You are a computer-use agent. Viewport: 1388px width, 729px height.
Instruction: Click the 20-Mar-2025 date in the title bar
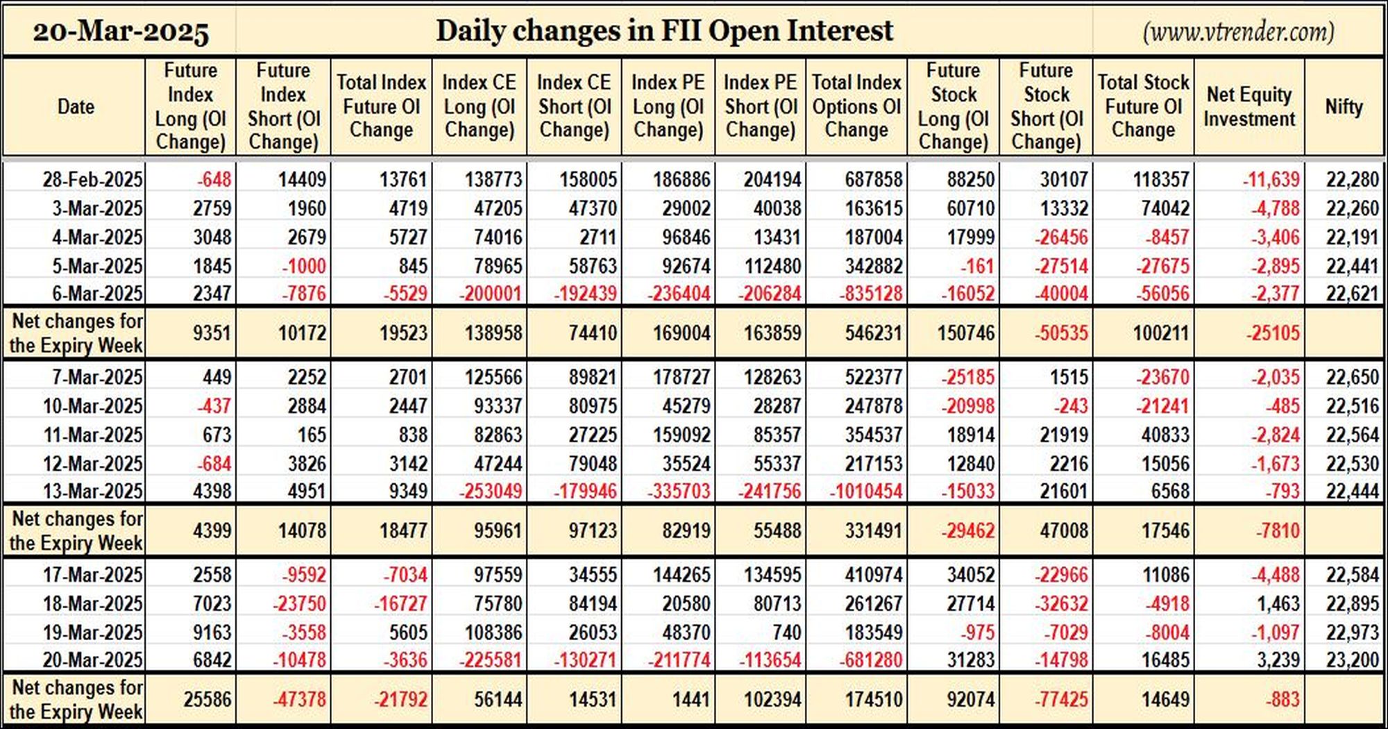pos(121,32)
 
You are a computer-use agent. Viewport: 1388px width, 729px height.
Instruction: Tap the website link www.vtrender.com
pos(1239,32)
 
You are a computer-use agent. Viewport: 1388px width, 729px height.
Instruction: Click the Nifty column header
pos(1344,106)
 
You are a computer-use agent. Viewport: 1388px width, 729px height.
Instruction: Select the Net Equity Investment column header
pos(1249,106)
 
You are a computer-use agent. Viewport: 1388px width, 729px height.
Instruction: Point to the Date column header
pos(76,106)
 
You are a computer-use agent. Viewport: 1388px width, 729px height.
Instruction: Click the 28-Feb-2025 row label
pos(92,179)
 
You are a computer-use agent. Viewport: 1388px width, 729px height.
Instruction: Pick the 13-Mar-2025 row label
pos(92,491)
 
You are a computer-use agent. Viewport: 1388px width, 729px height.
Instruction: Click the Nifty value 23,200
pos(1352,659)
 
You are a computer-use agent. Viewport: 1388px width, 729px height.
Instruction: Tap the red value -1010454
pos(866,491)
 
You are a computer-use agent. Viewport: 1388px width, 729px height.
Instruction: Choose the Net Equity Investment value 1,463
pos(1278,603)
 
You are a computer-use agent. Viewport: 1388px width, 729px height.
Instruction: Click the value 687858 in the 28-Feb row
pos(874,179)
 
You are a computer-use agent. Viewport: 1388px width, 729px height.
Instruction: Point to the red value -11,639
pos(1271,179)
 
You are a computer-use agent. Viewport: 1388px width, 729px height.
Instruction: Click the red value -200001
pos(490,293)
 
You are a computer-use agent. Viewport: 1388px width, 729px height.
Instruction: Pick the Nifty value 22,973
pos(1352,632)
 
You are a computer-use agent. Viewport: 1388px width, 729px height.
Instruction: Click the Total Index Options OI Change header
pos(856,106)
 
